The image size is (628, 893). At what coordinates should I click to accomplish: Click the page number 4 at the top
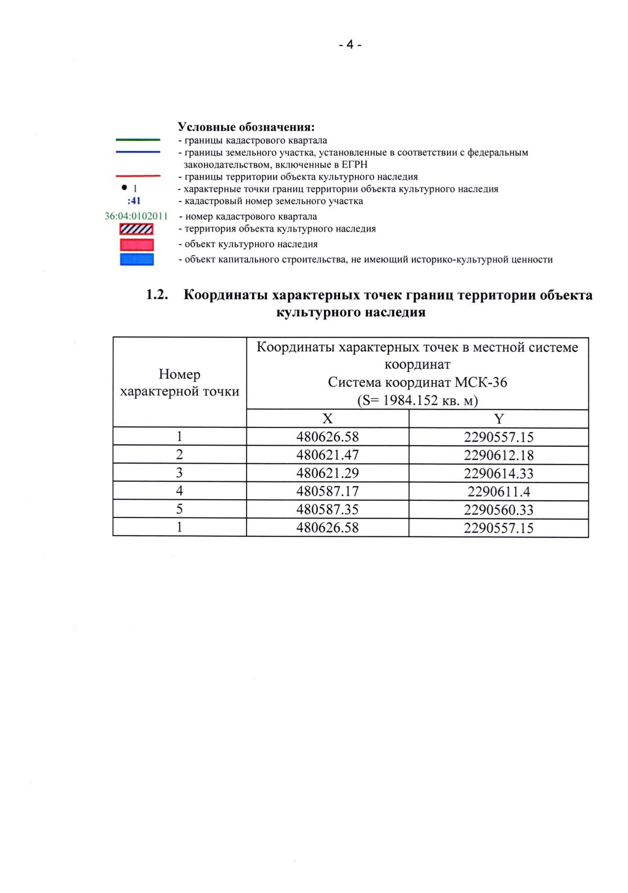click(350, 45)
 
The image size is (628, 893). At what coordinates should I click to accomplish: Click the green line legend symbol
click(138, 140)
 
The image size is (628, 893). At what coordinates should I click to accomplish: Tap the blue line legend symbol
click(138, 152)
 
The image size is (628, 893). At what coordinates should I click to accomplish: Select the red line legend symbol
click(138, 176)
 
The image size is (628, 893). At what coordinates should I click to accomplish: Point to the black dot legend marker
click(124, 188)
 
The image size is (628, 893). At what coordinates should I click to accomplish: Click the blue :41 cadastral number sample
click(134, 201)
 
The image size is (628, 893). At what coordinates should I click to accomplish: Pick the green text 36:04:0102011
click(136, 216)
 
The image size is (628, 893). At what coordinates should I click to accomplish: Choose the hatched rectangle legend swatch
click(137, 229)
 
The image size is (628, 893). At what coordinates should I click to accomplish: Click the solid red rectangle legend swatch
click(137, 245)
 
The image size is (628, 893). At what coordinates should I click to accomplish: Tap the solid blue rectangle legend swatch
click(137, 259)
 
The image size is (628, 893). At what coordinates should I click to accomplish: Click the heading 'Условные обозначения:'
click(246, 127)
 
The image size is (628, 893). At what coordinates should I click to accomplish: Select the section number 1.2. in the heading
click(157, 295)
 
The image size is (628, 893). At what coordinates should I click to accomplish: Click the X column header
click(327, 418)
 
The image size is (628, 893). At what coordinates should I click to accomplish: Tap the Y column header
click(498, 418)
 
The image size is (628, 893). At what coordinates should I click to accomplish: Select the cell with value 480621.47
click(328, 455)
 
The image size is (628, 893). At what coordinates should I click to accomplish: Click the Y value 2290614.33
click(498, 473)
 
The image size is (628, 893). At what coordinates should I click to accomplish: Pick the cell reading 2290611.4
click(498, 491)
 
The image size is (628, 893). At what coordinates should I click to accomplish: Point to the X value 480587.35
click(328, 510)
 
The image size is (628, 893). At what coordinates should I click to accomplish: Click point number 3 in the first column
click(180, 473)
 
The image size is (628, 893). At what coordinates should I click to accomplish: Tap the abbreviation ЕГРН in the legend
click(354, 164)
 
